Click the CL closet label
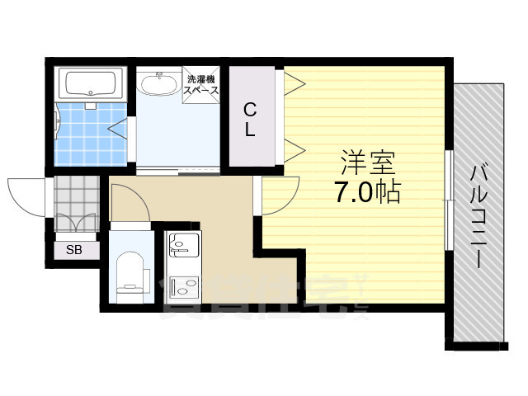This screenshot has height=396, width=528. (250, 118)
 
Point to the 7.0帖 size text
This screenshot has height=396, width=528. (368, 192)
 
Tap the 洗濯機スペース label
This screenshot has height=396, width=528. (203, 85)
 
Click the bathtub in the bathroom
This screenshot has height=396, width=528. (91, 83)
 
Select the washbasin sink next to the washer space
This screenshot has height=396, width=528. (157, 83)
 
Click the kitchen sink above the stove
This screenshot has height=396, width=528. (181, 244)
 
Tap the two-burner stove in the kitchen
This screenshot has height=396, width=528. (181, 286)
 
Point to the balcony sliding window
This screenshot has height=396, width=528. (447, 198)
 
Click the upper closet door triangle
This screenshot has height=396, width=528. (295, 82)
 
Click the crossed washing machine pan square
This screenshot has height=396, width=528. (203, 85)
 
